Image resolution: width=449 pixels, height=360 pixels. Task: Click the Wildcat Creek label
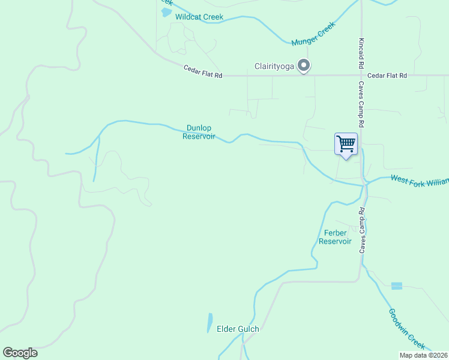[199, 17]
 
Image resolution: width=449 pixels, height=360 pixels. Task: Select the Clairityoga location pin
[304, 65]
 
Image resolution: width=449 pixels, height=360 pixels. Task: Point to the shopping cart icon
[346, 145]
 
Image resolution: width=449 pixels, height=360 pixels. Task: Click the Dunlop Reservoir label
[199, 132]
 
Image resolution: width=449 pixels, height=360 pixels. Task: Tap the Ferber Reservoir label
[334, 237]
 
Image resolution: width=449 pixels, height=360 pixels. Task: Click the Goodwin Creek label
[407, 329]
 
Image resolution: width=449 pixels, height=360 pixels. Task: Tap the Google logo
[20, 353]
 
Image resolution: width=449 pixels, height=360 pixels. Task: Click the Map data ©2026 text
[423, 355]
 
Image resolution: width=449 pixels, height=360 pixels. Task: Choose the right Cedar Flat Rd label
[387, 76]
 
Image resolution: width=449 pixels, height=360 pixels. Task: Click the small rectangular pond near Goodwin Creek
[397, 286]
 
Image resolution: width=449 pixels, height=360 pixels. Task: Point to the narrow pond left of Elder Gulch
[209, 322]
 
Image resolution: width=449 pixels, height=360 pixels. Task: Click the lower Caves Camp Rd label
[363, 230]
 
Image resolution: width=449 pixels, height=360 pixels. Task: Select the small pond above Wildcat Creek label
[166, 12]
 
